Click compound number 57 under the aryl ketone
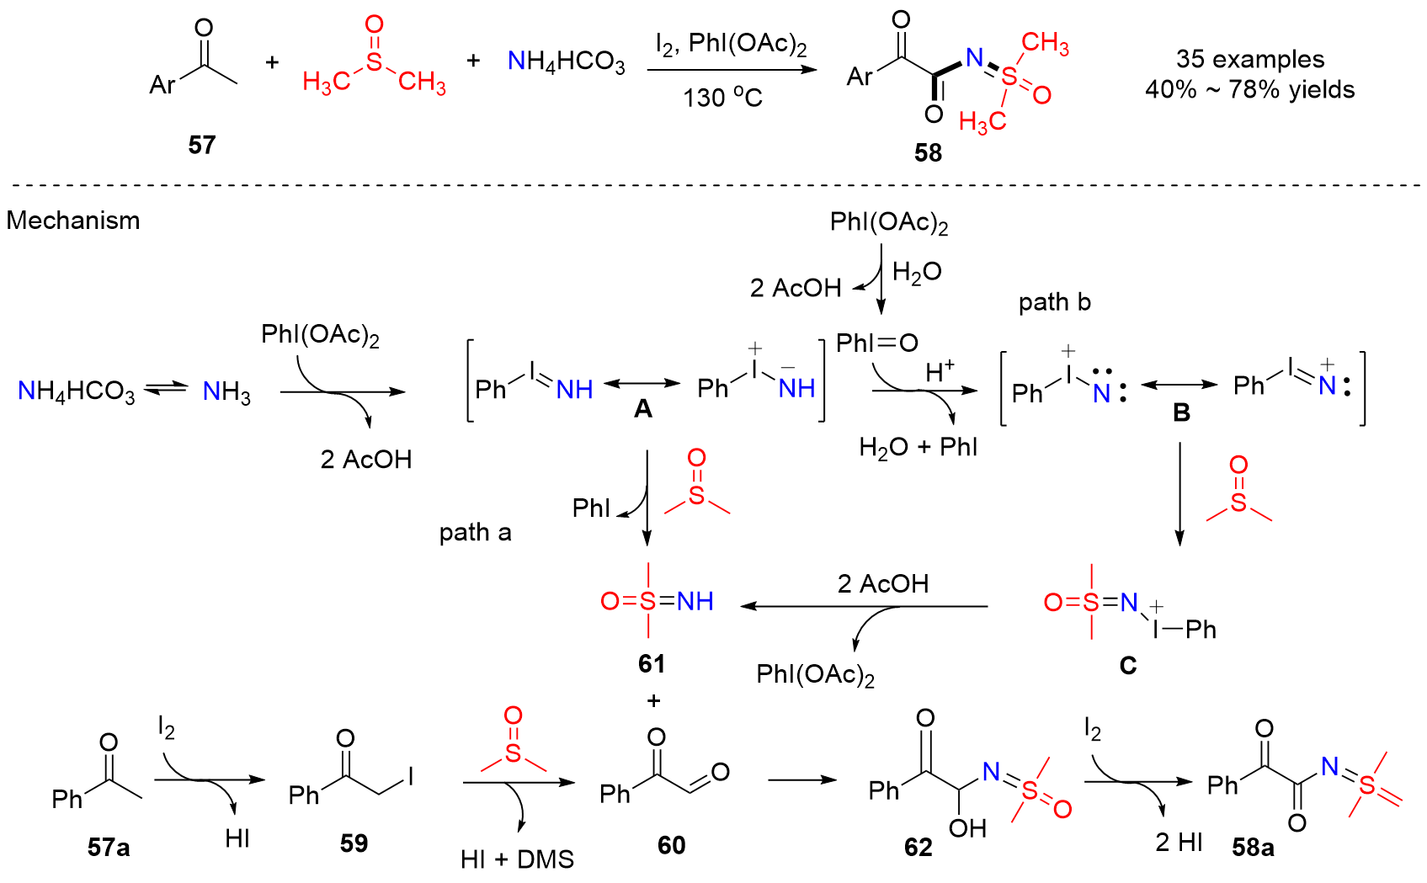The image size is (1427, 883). tap(202, 145)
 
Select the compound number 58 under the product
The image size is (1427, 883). tap(928, 152)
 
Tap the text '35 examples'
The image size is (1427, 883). tap(1249, 59)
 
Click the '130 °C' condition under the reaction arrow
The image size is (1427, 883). tap(722, 98)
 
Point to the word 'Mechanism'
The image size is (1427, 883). tap(73, 221)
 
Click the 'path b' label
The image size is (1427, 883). tap(1054, 302)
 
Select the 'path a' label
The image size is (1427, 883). tap(475, 532)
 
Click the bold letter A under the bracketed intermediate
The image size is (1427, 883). tap(643, 409)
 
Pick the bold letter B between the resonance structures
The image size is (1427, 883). tap(1181, 412)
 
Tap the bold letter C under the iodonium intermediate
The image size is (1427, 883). tap(1128, 666)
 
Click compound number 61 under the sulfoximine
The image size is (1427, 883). tap(652, 663)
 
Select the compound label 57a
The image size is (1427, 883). tap(109, 847)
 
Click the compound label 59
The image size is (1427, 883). tap(354, 843)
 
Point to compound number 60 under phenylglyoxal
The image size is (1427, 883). tap(671, 845)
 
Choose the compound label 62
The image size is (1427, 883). tap(918, 848)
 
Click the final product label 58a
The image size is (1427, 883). tap(1253, 848)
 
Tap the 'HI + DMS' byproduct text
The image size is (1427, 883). tap(517, 859)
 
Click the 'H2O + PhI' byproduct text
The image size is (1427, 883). tap(918, 447)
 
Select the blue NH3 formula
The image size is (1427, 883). tap(226, 391)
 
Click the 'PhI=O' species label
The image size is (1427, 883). tap(876, 343)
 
